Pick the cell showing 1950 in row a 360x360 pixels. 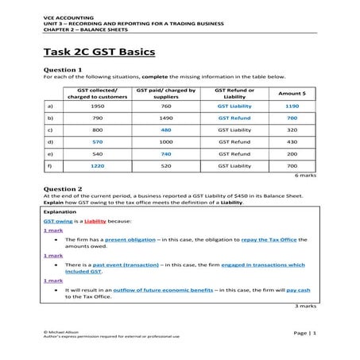tap(99, 106)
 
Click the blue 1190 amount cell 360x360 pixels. tap(292, 106)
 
